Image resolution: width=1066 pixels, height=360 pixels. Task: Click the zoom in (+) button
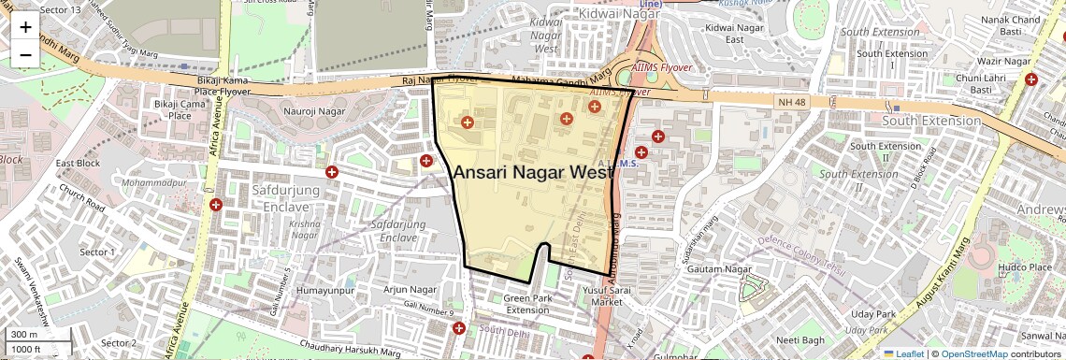click(25, 27)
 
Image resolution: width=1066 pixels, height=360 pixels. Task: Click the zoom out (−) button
click(25, 54)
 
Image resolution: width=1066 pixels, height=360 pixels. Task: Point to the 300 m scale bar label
click(24, 335)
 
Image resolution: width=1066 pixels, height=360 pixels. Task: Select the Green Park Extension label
click(527, 304)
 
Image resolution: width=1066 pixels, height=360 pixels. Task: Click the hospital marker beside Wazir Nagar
click(1030, 79)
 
